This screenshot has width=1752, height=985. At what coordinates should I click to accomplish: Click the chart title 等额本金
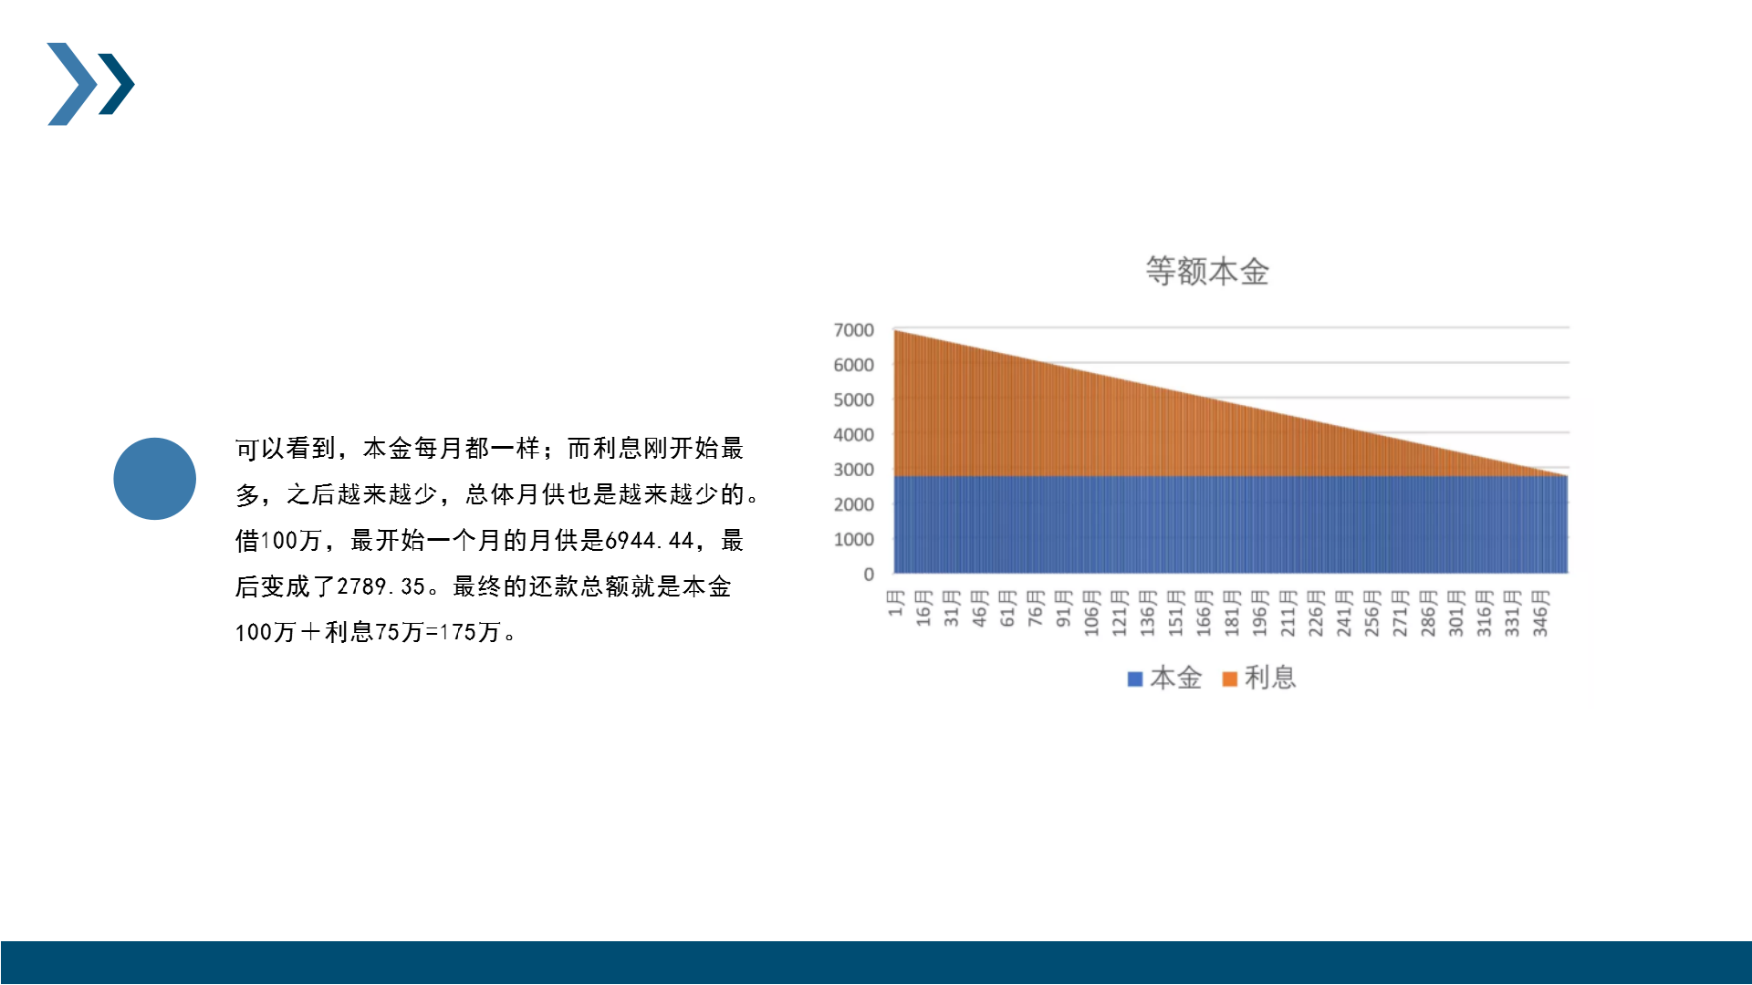click(1207, 272)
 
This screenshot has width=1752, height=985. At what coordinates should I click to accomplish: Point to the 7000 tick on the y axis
click(853, 330)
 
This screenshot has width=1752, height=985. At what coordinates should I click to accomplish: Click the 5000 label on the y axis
click(853, 399)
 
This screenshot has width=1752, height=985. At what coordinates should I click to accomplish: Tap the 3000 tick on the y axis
click(853, 470)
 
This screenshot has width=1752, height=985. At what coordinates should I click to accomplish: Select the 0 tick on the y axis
click(869, 575)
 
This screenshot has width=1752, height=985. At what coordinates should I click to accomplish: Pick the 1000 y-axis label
click(853, 540)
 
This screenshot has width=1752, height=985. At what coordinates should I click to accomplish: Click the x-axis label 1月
click(896, 603)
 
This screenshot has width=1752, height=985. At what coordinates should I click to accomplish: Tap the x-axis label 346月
click(1540, 613)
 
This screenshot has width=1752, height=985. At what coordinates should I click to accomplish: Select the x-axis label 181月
click(1232, 613)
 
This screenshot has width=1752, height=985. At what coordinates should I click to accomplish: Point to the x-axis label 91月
click(1064, 608)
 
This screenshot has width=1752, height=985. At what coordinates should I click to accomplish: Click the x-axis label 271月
click(1400, 613)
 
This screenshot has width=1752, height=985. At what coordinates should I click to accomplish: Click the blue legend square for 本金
click(1135, 679)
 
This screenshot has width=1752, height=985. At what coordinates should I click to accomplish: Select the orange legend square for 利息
click(1229, 679)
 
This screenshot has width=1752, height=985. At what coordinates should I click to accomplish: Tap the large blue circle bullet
click(155, 479)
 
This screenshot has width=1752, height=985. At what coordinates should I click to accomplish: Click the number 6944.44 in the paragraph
click(650, 541)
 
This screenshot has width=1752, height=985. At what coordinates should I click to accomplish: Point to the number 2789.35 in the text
click(381, 586)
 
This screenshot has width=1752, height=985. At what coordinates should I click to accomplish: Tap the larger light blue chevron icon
click(72, 84)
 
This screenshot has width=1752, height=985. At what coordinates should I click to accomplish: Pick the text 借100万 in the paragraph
click(278, 541)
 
